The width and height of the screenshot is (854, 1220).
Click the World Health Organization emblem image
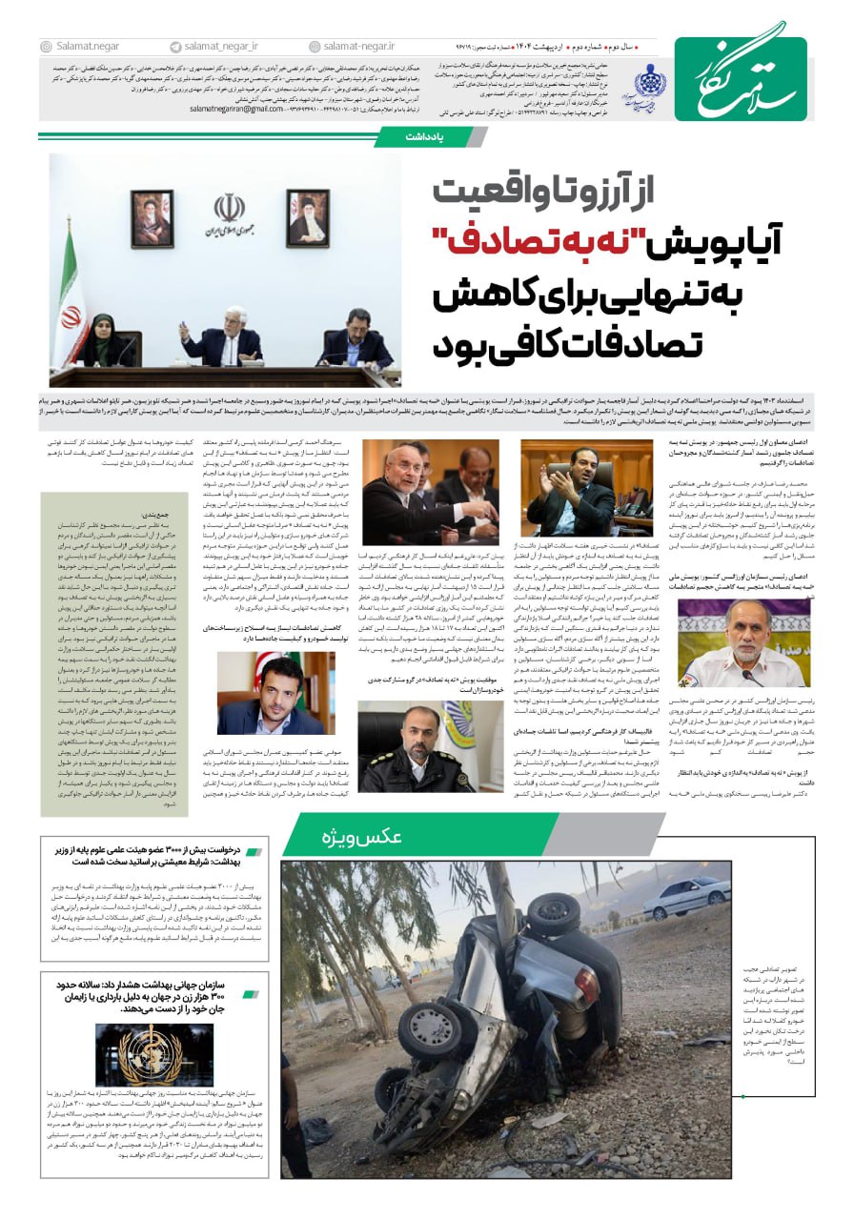[151, 1054]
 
